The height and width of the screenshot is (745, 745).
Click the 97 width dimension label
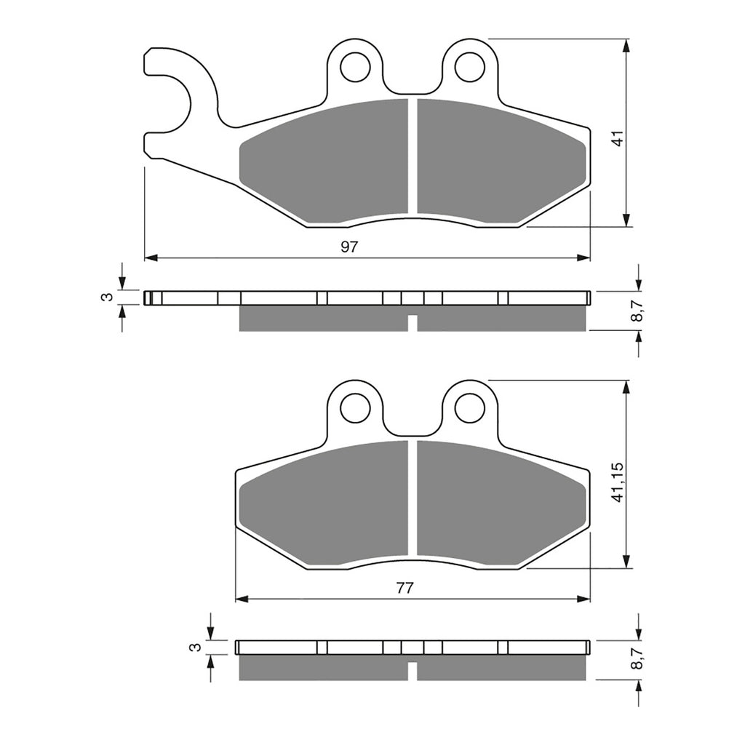pos(350,247)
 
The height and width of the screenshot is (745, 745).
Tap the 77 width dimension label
pos(405,589)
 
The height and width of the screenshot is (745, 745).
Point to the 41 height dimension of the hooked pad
pos(618,138)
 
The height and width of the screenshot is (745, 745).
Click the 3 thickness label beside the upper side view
pos(107,297)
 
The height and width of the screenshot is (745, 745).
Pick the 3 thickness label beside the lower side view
pos(194,647)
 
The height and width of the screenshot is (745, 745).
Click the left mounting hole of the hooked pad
pos(355,67)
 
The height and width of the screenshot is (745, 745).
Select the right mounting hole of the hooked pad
pos(469,67)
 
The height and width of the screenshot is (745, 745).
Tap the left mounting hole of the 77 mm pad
pos(355,408)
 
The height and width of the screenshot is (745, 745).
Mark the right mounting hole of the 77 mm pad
pos(469,408)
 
